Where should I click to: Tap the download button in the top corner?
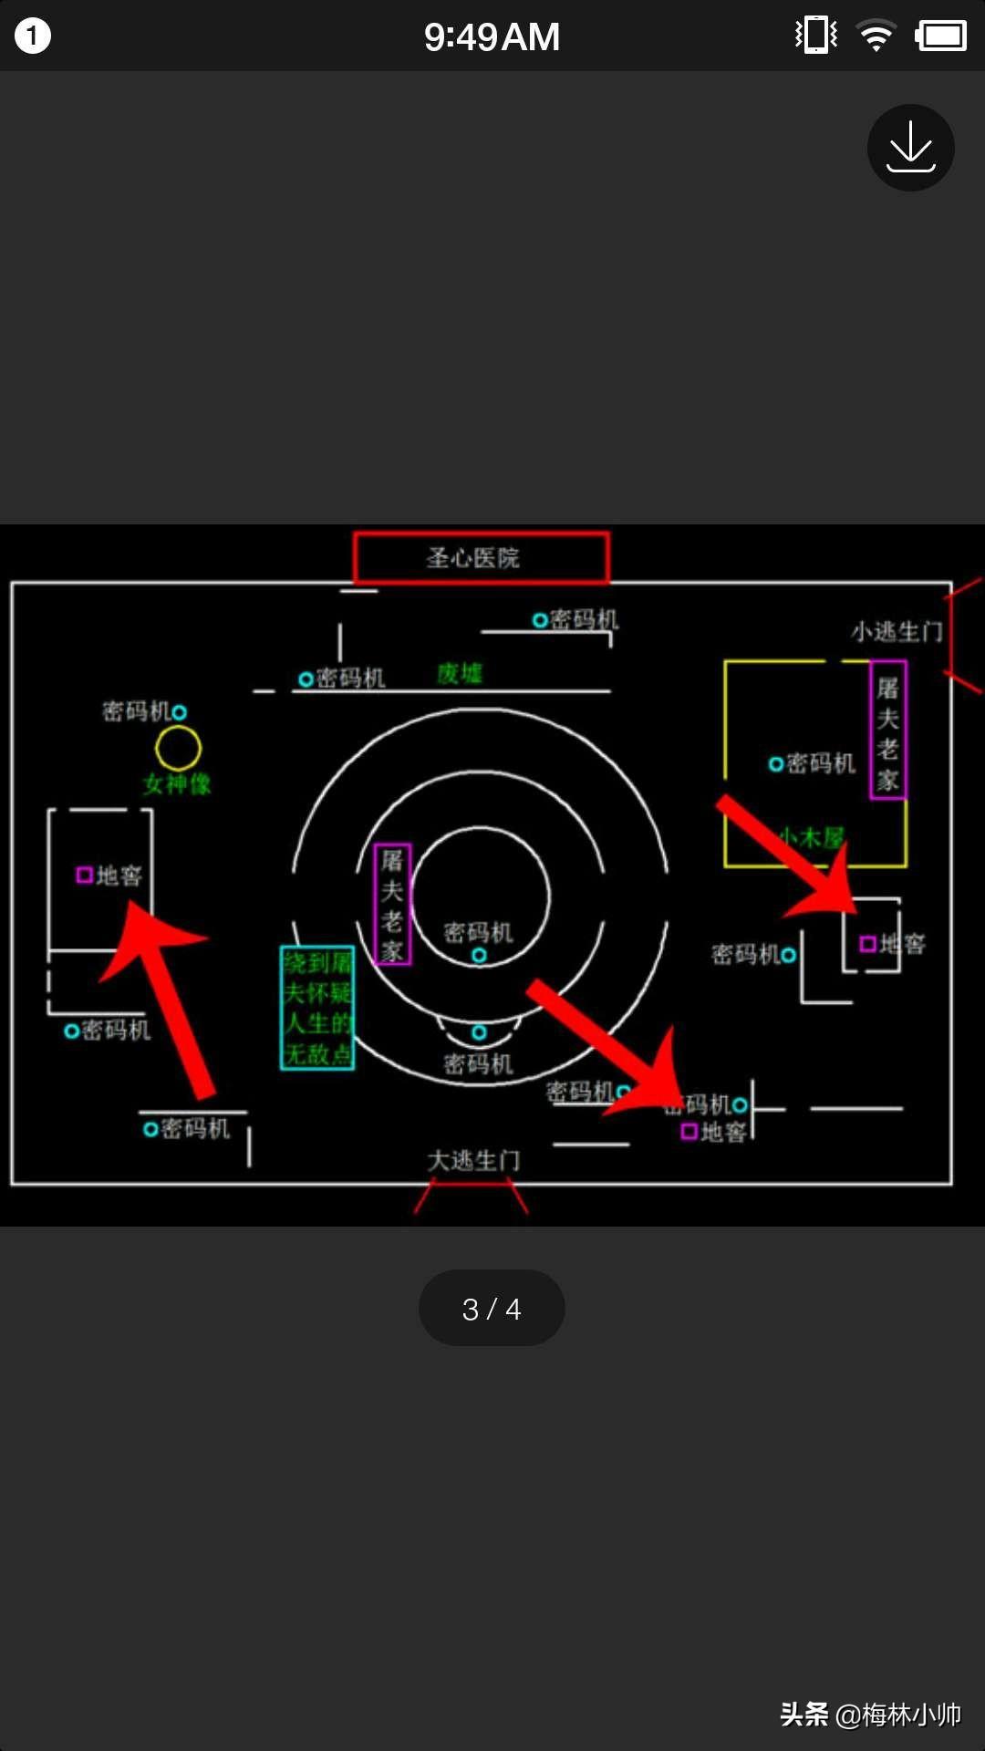point(910,148)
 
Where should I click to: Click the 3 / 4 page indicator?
point(492,1309)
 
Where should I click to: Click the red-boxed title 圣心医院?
point(481,557)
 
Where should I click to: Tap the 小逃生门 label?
point(896,631)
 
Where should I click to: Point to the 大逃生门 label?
point(473,1160)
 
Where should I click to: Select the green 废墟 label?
point(459,674)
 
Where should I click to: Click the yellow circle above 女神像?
point(178,748)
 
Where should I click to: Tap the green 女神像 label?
point(177,784)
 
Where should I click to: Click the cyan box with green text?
point(316,1008)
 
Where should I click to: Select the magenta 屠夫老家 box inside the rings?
point(392,905)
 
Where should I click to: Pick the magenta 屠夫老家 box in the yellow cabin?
point(887,730)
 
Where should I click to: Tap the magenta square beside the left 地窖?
point(84,875)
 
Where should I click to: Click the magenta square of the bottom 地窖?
point(689,1132)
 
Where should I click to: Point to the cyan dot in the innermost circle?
point(479,955)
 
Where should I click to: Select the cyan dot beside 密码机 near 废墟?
point(306,679)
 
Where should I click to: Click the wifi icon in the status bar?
point(876,36)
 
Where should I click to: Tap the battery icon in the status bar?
point(940,36)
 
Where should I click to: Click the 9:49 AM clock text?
point(492,37)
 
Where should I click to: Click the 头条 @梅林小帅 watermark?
point(870,1715)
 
